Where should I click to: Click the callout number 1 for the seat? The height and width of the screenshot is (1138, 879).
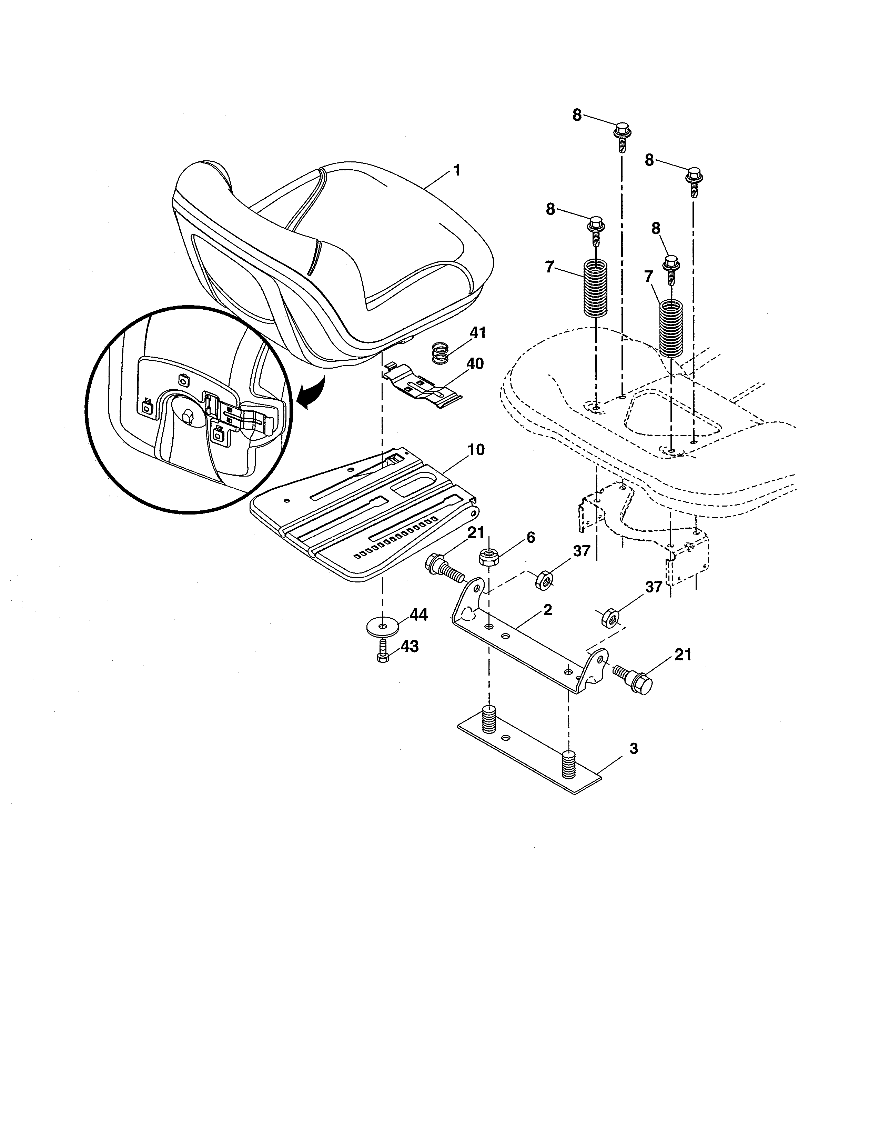click(x=457, y=170)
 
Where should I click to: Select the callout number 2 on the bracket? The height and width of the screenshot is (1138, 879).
click(x=547, y=610)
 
